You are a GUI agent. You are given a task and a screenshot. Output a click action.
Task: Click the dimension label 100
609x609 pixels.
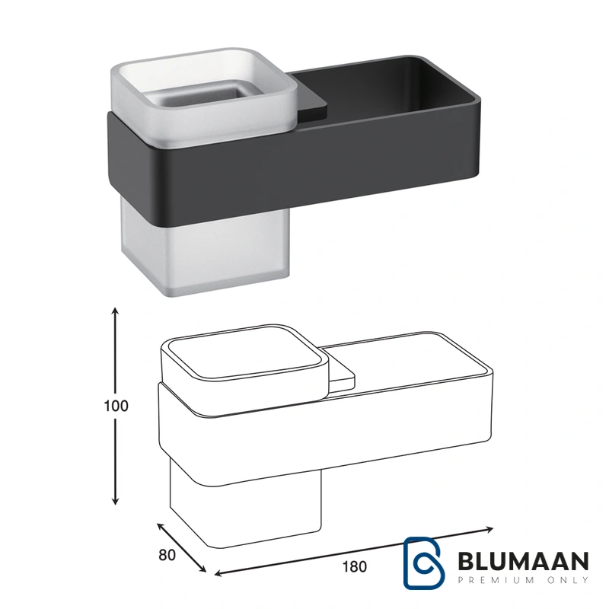tap(116, 406)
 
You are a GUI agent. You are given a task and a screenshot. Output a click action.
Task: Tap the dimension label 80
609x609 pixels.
tap(167, 556)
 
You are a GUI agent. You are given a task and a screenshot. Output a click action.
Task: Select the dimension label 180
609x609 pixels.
tap(354, 566)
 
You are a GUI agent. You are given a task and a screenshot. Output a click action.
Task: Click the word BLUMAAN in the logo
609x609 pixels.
tap(523, 561)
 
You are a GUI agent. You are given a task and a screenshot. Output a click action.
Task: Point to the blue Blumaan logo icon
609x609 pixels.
tap(424, 563)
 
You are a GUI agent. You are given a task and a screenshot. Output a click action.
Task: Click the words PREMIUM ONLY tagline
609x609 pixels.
tap(523, 580)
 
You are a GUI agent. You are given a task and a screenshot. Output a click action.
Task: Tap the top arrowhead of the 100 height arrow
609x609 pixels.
tap(115, 311)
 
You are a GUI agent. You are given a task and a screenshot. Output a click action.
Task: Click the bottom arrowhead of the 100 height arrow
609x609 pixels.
tap(115, 502)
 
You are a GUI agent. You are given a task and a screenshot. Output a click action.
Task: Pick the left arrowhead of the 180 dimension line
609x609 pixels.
tap(218, 573)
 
